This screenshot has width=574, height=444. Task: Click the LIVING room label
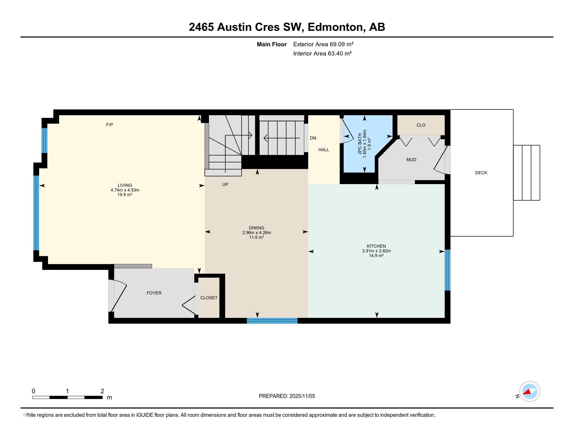[125, 185]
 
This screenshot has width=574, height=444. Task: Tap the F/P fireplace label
[110, 125]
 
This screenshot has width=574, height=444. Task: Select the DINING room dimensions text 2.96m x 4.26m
[256, 232]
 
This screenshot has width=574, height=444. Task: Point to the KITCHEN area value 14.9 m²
[376, 255]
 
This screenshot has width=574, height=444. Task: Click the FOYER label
[154, 293]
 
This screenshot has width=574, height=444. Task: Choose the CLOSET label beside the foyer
[209, 297]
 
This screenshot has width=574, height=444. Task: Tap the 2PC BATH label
[360, 144]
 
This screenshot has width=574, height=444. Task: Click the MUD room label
[411, 159]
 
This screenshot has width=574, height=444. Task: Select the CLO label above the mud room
[421, 125]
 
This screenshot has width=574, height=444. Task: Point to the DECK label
[481, 173]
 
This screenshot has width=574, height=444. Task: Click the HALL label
[324, 149]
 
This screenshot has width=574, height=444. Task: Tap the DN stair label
[313, 138]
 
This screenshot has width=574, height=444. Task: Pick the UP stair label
[225, 184]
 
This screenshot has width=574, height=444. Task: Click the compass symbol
[529, 391]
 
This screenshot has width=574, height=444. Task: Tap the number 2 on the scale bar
[102, 391]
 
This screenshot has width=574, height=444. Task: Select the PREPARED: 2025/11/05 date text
[287, 396]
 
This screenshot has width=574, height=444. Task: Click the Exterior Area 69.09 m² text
[323, 44]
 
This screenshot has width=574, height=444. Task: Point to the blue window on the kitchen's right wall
[447, 270]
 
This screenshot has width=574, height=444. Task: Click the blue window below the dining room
[272, 321]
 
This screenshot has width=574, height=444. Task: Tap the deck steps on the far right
[527, 173]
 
